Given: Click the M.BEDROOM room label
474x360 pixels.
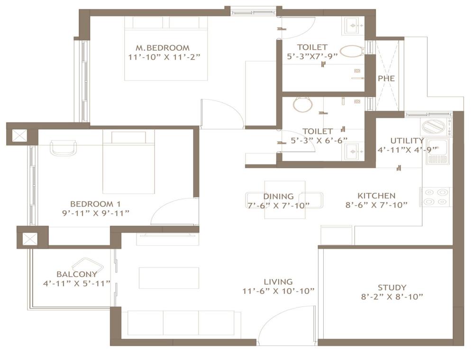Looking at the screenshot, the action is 163,48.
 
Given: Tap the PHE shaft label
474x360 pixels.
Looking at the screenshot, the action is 386,79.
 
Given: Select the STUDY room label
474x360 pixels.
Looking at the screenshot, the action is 392,287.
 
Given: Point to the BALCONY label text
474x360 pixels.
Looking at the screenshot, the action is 77,274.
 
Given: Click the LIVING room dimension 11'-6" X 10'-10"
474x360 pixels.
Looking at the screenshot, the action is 278,291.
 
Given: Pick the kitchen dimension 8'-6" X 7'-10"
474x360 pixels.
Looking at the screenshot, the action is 376,205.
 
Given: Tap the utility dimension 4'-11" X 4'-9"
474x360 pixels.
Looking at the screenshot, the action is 408,150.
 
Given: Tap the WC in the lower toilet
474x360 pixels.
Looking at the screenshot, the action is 302,105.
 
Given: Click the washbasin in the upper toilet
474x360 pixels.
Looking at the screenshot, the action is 354,26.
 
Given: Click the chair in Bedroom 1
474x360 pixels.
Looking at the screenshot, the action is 63,148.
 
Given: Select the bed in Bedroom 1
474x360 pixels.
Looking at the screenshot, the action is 128,162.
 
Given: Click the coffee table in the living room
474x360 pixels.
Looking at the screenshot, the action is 169,278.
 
